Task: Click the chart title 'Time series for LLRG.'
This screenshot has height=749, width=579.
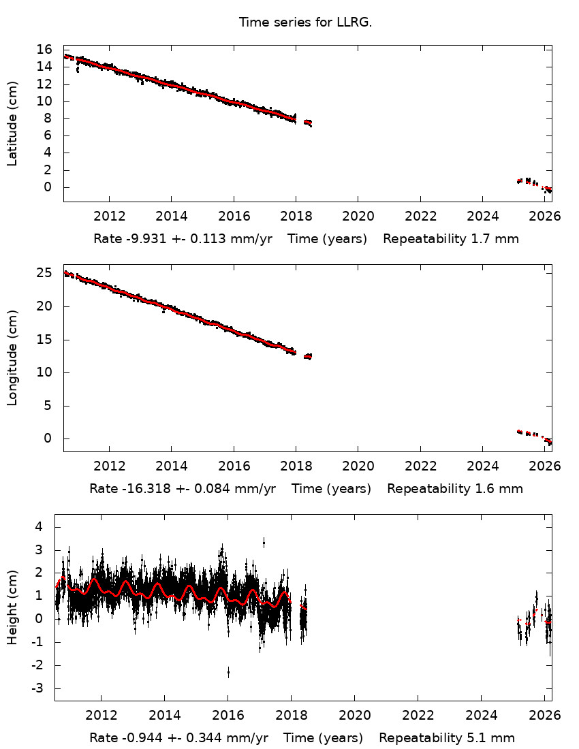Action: click(305, 22)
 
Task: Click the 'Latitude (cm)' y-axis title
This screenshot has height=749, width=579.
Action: click(12, 123)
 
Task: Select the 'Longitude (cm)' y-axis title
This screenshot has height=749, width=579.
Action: click(12, 357)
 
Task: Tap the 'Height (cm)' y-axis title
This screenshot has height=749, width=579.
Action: click(12, 607)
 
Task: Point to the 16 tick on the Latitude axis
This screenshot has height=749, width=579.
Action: click(45, 50)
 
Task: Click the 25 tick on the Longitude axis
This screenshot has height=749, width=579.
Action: click(45, 273)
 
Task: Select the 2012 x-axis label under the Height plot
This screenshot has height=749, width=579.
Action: click(101, 716)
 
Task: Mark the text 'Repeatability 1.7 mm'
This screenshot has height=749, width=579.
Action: click(451, 239)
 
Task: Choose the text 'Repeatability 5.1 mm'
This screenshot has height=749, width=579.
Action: click(447, 738)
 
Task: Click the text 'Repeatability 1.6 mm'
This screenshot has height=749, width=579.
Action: click(455, 489)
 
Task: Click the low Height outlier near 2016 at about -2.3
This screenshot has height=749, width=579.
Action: click(228, 671)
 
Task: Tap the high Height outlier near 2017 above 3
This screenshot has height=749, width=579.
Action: click(264, 542)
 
